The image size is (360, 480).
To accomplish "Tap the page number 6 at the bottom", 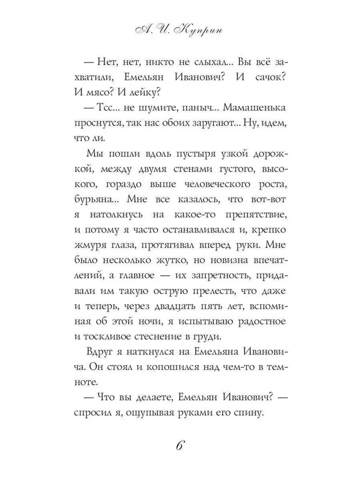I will tap(180, 445).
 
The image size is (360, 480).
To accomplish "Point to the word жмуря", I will tap(89, 245).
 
